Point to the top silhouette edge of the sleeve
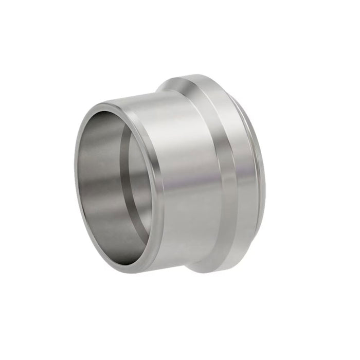(x=134, y=97)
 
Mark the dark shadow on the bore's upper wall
(x=108, y=121)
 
